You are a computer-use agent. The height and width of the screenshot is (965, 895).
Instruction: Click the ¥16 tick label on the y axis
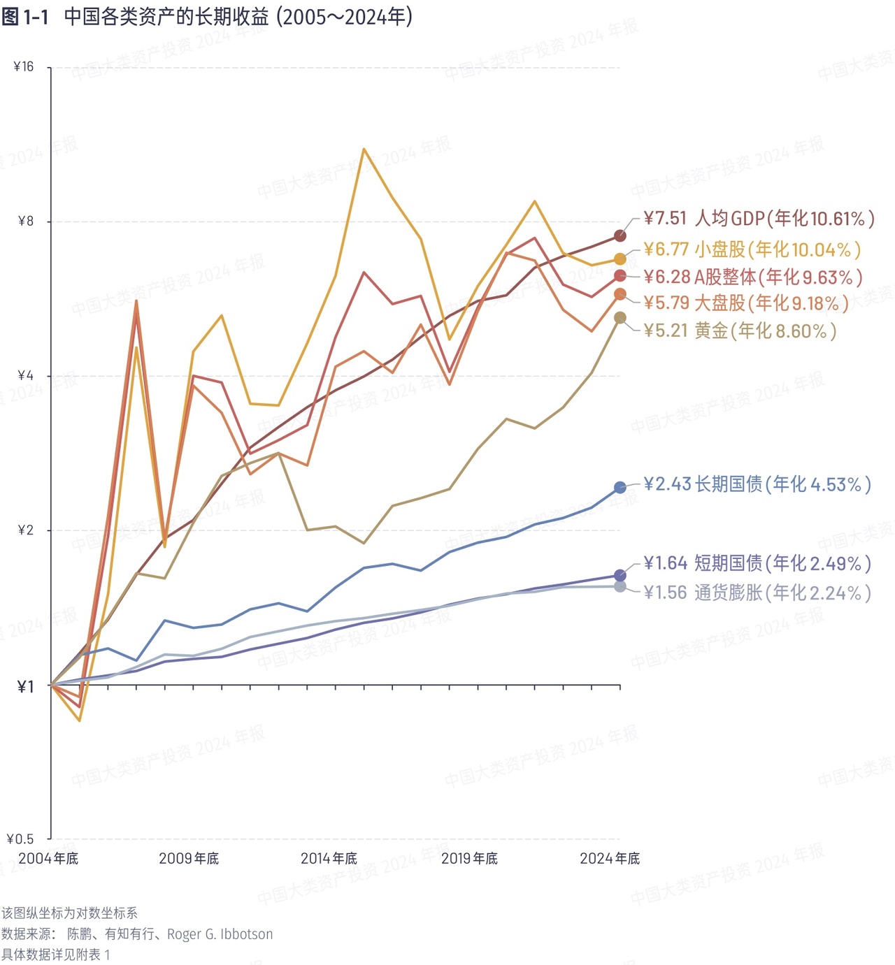(24, 67)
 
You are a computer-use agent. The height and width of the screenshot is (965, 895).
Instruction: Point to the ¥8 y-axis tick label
(25, 222)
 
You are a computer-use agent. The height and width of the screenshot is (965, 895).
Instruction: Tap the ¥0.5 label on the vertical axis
(20, 839)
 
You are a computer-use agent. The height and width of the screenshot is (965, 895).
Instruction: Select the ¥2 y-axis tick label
(25, 530)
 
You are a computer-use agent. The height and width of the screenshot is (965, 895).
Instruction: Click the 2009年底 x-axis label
(189, 859)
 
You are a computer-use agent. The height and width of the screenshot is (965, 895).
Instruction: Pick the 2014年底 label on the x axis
(329, 859)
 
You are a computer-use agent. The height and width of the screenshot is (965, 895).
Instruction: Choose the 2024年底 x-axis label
(610, 859)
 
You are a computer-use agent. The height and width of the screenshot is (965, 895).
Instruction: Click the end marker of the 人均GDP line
(620, 235)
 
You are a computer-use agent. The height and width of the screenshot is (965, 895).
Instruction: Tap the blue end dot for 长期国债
(620, 487)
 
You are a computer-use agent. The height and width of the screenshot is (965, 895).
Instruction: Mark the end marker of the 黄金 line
(620, 318)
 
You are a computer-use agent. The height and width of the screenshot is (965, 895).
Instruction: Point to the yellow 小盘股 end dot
(620, 259)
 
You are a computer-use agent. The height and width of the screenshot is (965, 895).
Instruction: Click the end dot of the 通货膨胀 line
(620, 586)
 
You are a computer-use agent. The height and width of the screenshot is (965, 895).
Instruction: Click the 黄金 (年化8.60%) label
(740, 331)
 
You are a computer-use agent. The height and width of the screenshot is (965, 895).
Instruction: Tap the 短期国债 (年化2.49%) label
(757, 563)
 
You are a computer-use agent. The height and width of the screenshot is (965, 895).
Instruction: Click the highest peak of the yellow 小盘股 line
(364, 149)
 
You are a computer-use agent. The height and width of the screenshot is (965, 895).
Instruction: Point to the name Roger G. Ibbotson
(220, 934)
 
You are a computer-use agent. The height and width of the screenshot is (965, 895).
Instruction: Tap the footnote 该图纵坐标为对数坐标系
(69, 913)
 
